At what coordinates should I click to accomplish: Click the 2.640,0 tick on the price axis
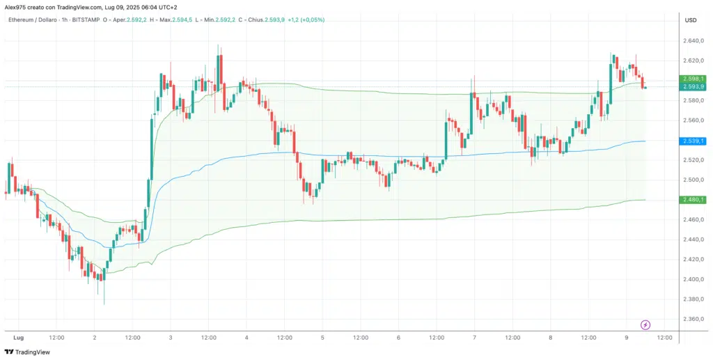[x=695, y=40]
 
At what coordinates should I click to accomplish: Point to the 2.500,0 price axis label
[x=695, y=180]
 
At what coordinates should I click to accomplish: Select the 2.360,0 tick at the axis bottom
[x=695, y=320]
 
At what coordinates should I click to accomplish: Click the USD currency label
[x=691, y=20]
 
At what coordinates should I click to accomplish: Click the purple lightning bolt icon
[x=645, y=324]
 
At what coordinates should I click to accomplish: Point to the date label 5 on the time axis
[x=322, y=338]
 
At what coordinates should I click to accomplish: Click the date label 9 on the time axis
[x=627, y=338]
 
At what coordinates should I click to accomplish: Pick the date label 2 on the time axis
[x=95, y=338]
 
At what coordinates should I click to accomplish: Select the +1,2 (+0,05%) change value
[x=305, y=19]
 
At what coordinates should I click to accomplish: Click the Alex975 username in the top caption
[x=15, y=7]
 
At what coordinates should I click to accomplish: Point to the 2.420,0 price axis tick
[x=695, y=260]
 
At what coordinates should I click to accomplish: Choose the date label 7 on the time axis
[x=474, y=338]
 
